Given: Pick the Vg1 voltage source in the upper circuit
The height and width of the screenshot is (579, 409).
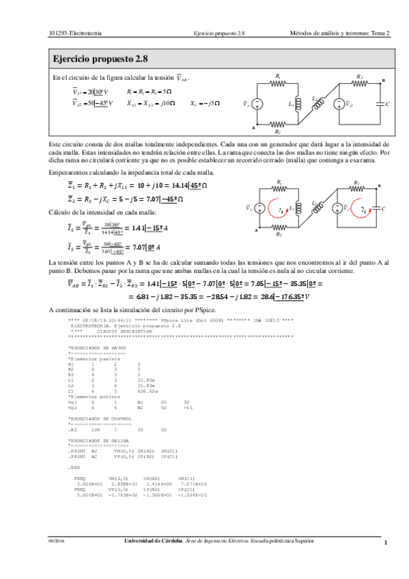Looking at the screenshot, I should [257, 104].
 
